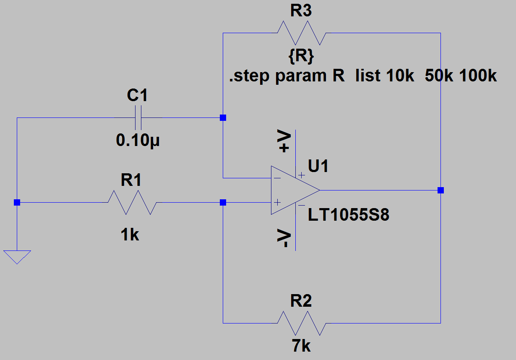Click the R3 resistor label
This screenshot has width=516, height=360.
coord(301,10)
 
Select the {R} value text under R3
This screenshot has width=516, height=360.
coord(301,56)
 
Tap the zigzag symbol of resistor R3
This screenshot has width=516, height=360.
coord(302,33)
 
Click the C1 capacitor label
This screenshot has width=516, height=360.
coord(137,95)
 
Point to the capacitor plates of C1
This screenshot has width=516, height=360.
coord(138,118)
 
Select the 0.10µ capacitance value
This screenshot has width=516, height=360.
coord(138,141)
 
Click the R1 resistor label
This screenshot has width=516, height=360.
coord(131,180)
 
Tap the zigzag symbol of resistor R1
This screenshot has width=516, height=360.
coord(132,203)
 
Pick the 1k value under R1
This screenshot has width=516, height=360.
coord(130,235)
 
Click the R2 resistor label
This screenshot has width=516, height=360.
coord(301,301)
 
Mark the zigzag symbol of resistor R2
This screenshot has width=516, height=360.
coord(302,323)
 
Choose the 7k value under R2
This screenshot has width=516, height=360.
coord(301,345)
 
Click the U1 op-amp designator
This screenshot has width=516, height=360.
coord(318,166)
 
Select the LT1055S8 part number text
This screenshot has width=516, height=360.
coord(349,215)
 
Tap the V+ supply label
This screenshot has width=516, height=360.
coord(284,141)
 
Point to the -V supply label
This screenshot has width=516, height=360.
coord(284,238)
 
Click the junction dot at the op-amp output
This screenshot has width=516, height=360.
coord(440,190)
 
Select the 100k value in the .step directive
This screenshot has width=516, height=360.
coord(478,76)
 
